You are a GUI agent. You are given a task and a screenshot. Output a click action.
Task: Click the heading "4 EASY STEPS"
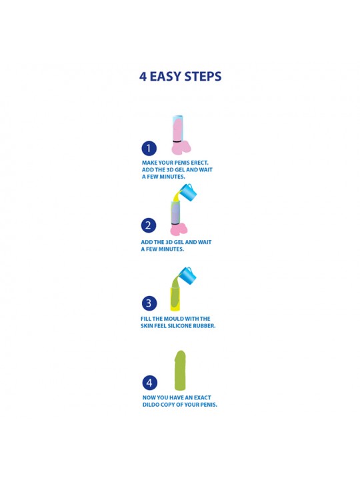pyautogui.click(x=180, y=76)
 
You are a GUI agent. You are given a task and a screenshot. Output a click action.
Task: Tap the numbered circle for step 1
pyautogui.click(x=149, y=148)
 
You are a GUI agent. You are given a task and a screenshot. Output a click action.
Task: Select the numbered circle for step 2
pyautogui.click(x=149, y=225)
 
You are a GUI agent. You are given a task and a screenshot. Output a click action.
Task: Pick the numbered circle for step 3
pyautogui.click(x=149, y=303)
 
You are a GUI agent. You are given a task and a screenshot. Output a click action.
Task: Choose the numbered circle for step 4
pyautogui.click(x=150, y=383)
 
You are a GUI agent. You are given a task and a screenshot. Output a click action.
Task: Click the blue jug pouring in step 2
pyautogui.click(x=187, y=191)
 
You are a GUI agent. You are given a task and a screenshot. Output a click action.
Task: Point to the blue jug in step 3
pyautogui.click(x=187, y=275)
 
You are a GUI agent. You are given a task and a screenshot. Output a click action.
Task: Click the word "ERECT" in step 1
pyautogui.click(x=199, y=163)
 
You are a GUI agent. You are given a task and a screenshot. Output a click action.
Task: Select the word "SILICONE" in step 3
pyautogui.click(x=180, y=326)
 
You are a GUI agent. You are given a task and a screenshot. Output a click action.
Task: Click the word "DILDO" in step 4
pyautogui.click(x=151, y=405)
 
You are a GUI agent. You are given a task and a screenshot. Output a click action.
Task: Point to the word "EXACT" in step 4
pyautogui.click(x=202, y=397)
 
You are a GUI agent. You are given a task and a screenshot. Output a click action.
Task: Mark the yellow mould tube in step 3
pyautogui.click(x=176, y=299)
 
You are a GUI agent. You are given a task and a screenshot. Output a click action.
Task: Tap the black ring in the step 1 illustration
pyautogui.click(x=178, y=141)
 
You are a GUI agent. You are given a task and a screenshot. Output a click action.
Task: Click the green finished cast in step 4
pyautogui.click(x=180, y=371)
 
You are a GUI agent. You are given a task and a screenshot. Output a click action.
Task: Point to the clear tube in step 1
pyautogui.click(x=178, y=128)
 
